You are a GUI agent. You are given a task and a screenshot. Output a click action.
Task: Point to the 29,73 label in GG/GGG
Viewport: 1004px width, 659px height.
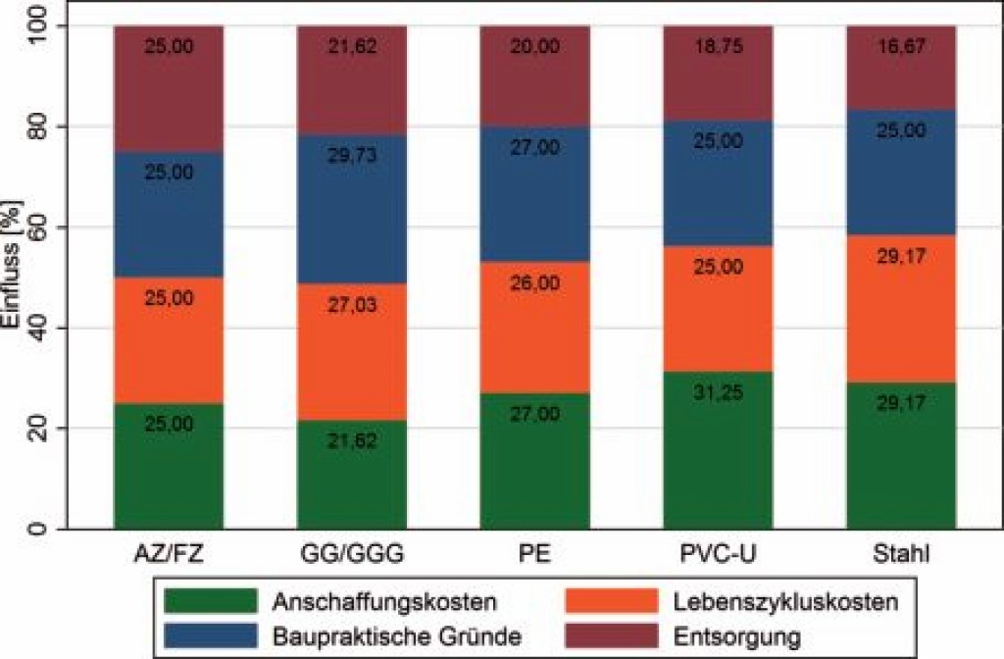point(352,154)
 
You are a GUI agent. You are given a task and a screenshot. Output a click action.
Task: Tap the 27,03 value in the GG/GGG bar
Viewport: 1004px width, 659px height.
point(352,304)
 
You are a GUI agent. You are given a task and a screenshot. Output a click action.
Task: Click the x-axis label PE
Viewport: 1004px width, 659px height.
point(535,555)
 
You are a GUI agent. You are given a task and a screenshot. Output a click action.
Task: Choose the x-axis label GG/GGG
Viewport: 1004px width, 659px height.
point(352,555)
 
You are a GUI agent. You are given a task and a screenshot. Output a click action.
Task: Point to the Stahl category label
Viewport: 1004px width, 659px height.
point(902,555)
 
